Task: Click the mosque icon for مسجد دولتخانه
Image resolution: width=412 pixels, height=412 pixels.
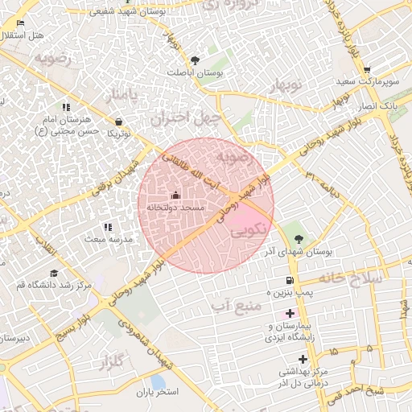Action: [175, 195]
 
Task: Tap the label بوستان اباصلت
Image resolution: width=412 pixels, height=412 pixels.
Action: [194, 72]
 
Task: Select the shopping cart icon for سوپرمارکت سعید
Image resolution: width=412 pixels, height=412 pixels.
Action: [367, 70]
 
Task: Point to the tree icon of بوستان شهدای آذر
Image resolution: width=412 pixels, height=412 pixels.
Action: [299, 238]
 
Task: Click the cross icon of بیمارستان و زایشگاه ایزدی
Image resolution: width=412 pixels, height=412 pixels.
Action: [290, 312]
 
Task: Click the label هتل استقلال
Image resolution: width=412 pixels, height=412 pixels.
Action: [22, 36]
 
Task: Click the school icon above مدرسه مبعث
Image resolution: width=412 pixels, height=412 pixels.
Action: [108, 227]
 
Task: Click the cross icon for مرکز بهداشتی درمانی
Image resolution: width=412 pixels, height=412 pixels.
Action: [303, 359]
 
